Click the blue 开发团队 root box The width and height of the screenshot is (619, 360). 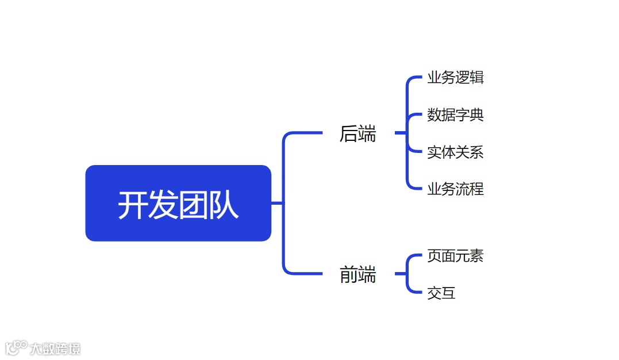tap(178, 203)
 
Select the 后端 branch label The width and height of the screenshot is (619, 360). tap(357, 134)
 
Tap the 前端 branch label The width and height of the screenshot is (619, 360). tap(357, 275)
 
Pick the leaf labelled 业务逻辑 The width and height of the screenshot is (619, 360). tap(455, 78)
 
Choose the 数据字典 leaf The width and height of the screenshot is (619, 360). tap(455, 115)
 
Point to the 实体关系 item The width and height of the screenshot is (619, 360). tap(455, 152)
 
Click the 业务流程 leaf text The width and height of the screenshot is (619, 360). tap(455, 189)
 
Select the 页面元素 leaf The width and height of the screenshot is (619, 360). tap(455, 256)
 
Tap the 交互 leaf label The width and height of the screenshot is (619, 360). tap(441, 293)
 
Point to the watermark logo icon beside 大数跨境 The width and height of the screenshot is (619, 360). tap(16, 347)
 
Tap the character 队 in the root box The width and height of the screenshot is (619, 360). tap(224, 205)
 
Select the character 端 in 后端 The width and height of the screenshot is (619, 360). tap(367, 134)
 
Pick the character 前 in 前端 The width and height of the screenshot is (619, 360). tap(349, 275)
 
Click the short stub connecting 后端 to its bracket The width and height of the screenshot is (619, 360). tap(401, 133)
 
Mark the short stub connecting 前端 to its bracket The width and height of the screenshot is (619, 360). tap(401, 274)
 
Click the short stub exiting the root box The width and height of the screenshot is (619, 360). tap(276, 203)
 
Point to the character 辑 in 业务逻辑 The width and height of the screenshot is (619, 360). tap(476, 78)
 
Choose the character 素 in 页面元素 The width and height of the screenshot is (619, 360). tap(476, 256)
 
